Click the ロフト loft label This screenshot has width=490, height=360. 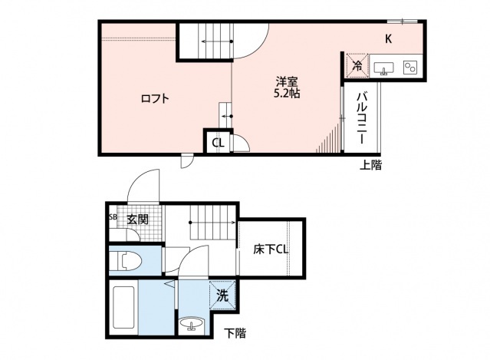coord(154,99)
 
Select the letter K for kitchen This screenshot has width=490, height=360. coord(388,39)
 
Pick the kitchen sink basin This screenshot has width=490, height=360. coord(383,68)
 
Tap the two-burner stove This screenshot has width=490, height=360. coord(409,68)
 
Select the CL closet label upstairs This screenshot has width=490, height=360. coord(218,142)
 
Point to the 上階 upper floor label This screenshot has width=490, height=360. coord(371,164)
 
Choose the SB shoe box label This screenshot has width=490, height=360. coord(113,218)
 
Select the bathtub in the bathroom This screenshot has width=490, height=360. coord(124,308)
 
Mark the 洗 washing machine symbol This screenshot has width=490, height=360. coord(222,294)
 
